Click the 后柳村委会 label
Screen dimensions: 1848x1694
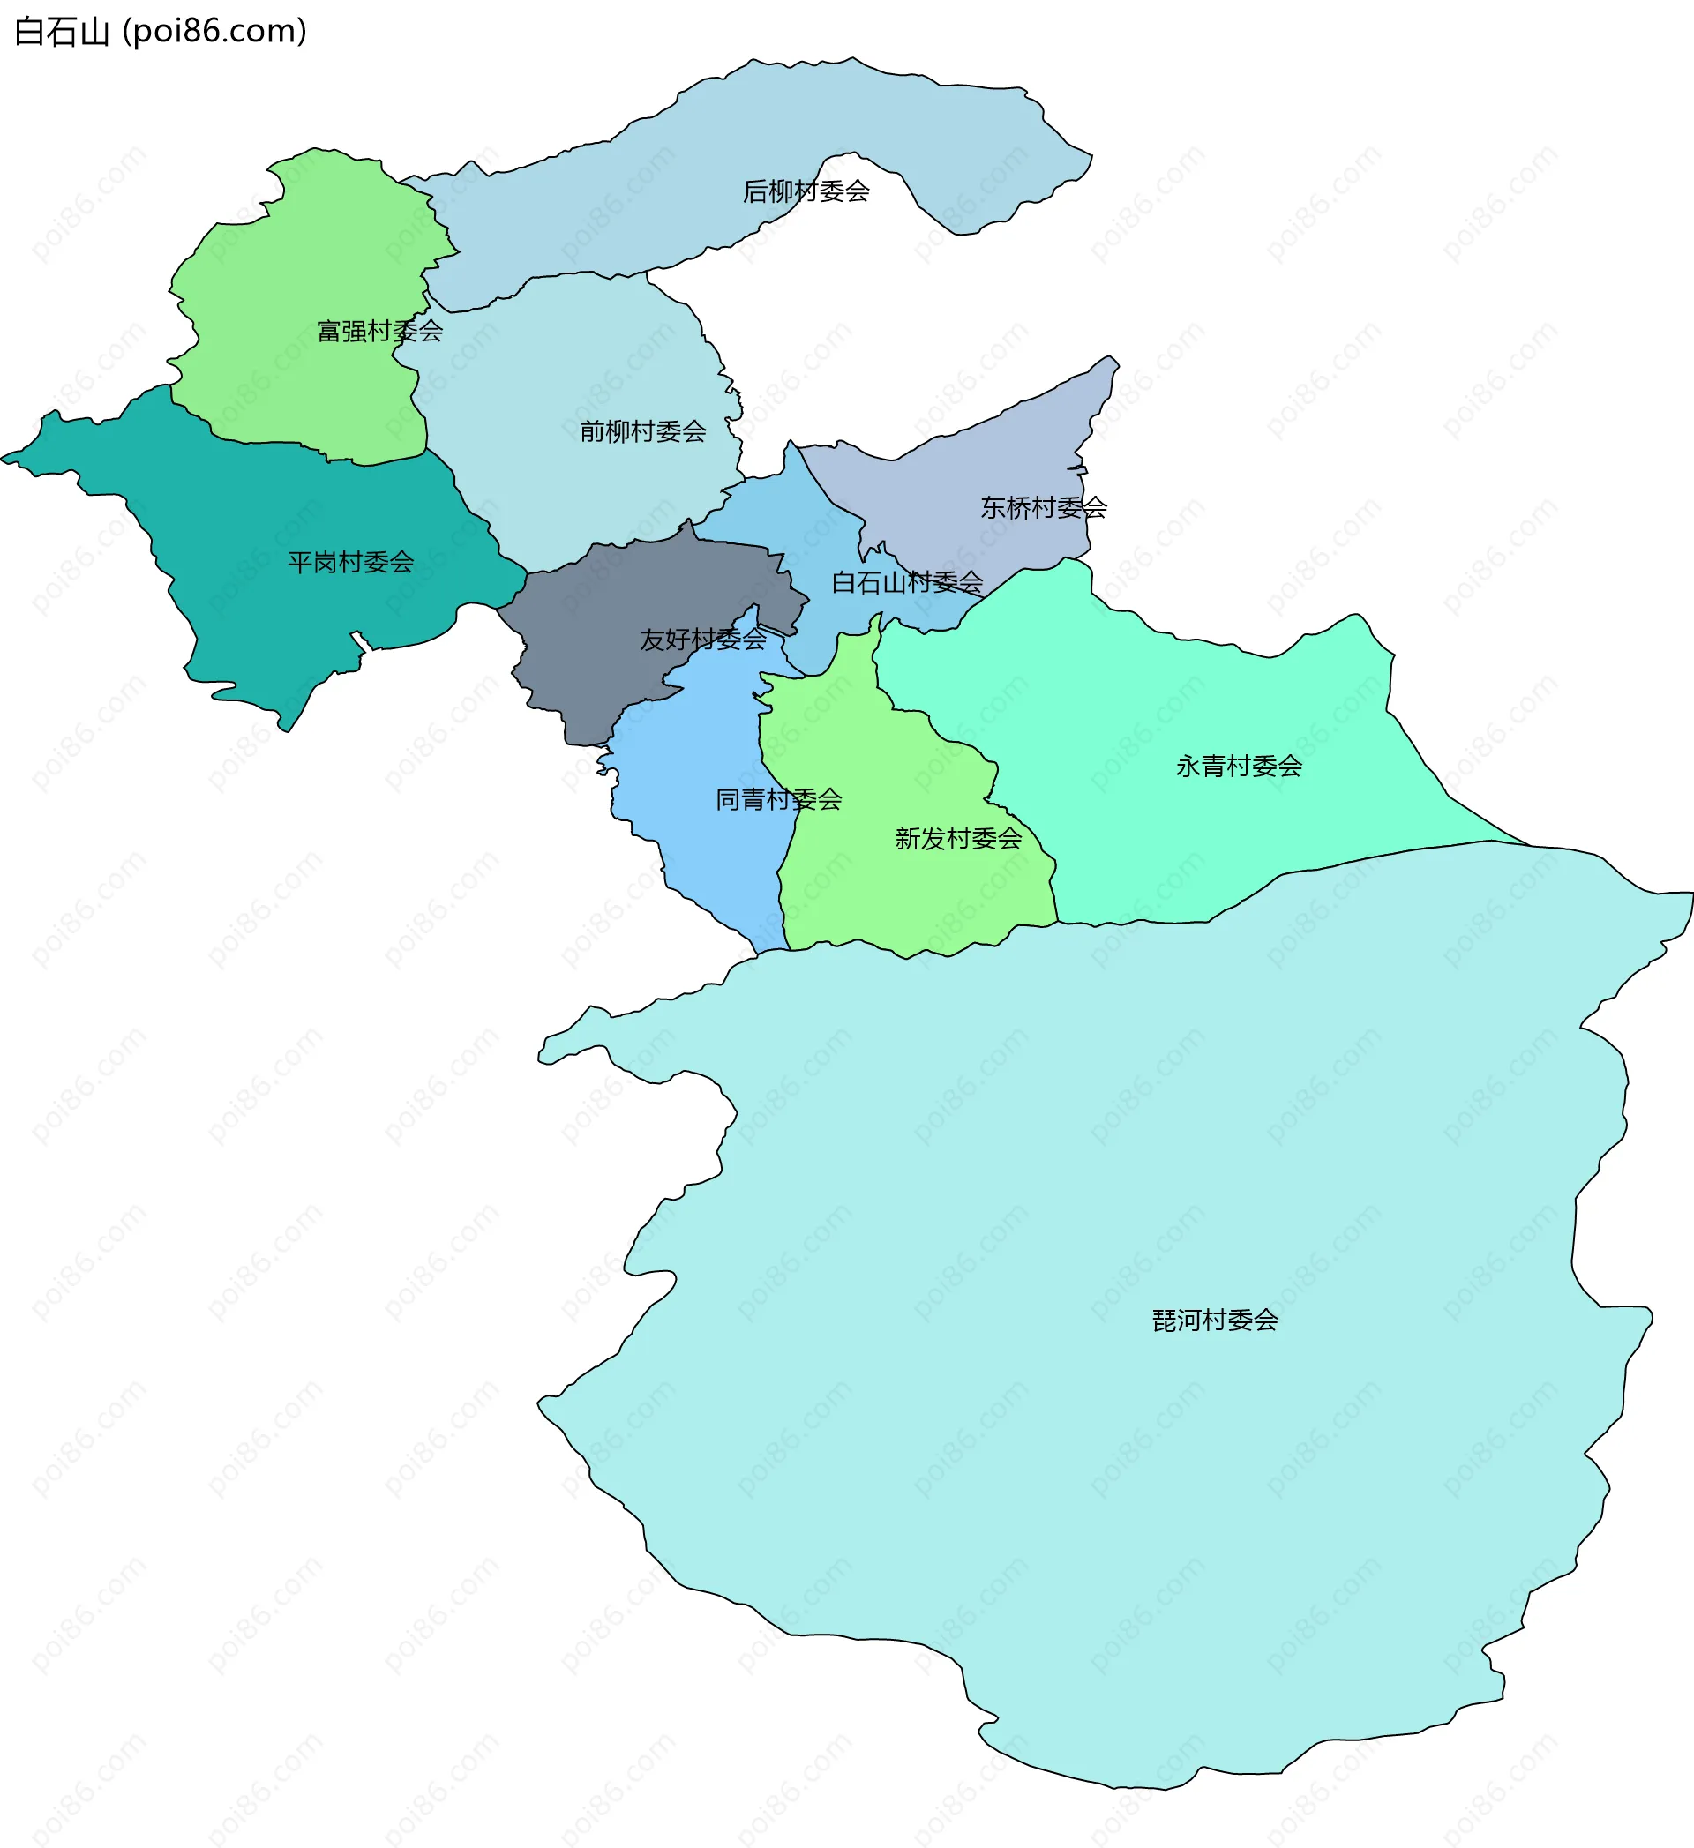tap(806, 191)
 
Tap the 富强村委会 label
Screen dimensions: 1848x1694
tap(379, 331)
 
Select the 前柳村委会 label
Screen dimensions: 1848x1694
tap(642, 431)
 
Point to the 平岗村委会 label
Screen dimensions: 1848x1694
tap(350, 563)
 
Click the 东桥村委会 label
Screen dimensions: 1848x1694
tap(1043, 508)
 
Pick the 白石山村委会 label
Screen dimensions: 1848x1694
tap(907, 583)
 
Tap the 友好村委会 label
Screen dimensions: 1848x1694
tap(702, 640)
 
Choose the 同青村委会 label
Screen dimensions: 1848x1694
tap(778, 800)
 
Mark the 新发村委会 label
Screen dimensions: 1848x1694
tap(958, 839)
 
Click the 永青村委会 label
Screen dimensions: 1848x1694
tap(1239, 767)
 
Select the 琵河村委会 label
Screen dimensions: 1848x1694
tap(1215, 1321)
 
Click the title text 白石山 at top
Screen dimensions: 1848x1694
tap(63, 32)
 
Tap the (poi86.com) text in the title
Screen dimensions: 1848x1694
tap(214, 32)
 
